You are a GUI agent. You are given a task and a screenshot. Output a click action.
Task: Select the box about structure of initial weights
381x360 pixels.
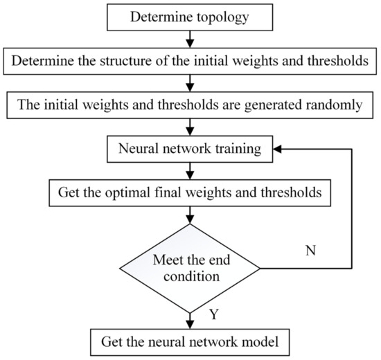click(190, 61)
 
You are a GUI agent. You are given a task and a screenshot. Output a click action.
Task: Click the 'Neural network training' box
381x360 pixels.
click(190, 149)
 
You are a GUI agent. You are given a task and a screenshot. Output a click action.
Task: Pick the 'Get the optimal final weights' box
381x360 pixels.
click(190, 191)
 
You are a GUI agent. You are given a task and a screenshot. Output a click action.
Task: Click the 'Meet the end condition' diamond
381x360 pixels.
click(190, 268)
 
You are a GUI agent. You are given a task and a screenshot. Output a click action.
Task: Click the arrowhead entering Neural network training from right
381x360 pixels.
click(277, 149)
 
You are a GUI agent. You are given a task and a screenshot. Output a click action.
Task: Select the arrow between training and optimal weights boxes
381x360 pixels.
click(190, 170)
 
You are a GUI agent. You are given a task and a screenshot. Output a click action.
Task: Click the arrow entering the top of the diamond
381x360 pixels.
click(190, 215)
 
